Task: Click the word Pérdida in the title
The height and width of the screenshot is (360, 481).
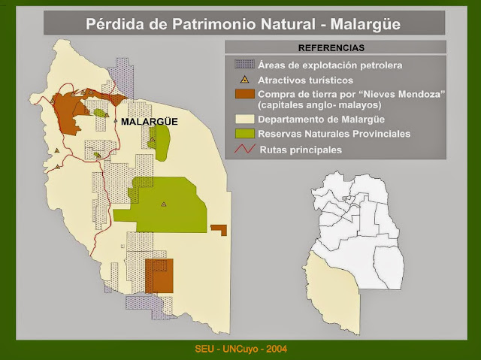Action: [114, 24]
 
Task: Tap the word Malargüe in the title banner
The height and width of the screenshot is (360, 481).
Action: [365, 24]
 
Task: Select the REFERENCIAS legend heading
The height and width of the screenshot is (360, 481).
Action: [331, 48]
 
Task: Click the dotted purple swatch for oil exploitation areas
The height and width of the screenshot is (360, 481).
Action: [244, 65]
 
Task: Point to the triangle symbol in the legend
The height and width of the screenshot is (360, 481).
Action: [244, 80]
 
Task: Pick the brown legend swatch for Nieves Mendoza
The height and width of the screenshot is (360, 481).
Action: [245, 94]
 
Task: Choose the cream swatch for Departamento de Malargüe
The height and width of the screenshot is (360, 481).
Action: [245, 119]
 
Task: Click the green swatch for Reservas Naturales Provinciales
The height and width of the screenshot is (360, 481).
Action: [245, 134]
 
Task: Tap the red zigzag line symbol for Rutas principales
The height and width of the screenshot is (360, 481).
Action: [245, 149]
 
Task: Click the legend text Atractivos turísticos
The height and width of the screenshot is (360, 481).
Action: [305, 80]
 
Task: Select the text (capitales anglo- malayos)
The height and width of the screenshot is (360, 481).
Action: [319, 105]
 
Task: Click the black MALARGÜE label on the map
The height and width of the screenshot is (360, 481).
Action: [150, 122]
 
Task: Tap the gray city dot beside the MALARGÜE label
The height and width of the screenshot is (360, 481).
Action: [116, 122]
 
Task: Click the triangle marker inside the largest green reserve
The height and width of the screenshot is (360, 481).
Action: [164, 204]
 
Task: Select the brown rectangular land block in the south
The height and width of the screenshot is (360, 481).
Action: [159, 276]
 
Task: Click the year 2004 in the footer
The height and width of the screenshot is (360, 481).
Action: [277, 349]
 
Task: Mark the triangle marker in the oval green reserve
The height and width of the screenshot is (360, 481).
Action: [152, 140]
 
